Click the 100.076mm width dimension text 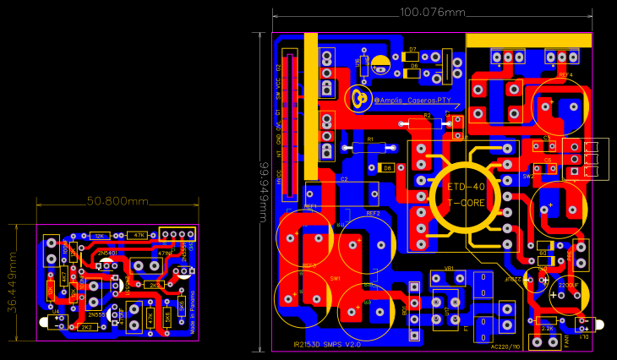pyautogui.click(x=432, y=13)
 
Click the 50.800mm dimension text pyautogui.click(x=118, y=201)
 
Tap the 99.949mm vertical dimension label pyautogui.click(x=264, y=191)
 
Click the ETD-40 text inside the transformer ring pyautogui.click(x=466, y=186)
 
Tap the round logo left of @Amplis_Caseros pyautogui.click(x=363, y=99)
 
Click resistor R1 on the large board pyautogui.click(x=369, y=146)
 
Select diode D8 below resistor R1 pyautogui.click(x=387, y=167)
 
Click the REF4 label pyautogui.click(x=565, y=75)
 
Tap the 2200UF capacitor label pyautogui.click(x=568, y=286)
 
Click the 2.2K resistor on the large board pyautogui.click(x=547, y=328)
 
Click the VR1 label pyautogui.click(x=449, y=269)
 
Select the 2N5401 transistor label pyautogui.click(x=107, y=253)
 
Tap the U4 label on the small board pyautogui.click(x=56, y=312)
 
